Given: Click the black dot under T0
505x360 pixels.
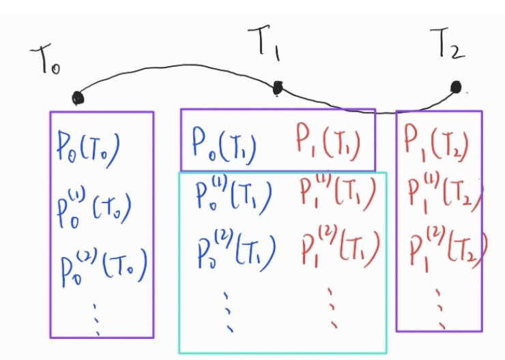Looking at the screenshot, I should coord(78,98).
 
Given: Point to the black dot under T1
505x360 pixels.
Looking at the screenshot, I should coord(277,88).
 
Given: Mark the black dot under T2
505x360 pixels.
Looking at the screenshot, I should coord(456,87).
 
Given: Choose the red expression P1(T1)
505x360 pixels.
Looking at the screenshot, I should coord(328,144).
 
